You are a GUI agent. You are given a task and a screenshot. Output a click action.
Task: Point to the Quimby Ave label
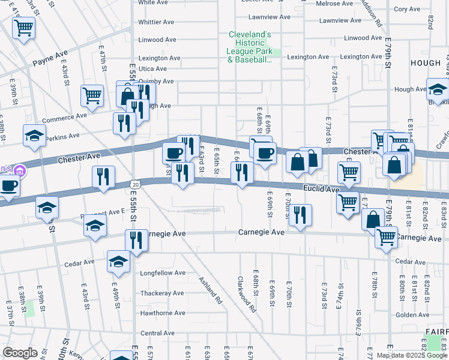point(156,81)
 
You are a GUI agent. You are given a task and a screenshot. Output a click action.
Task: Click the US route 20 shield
point(136,184)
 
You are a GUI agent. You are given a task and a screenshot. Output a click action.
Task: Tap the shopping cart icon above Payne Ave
point(23,27)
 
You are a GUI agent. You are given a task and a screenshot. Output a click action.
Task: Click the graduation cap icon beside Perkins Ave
point(34,136)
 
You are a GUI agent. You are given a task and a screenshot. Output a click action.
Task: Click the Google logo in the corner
point(20,353)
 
